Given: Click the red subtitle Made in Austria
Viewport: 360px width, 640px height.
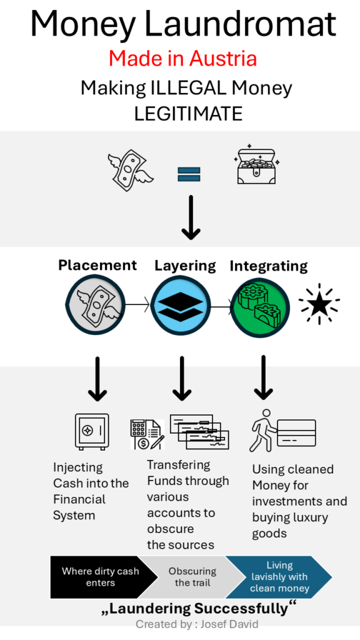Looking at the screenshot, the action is click(182, 58).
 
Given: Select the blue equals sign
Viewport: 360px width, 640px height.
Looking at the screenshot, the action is click(189, 174).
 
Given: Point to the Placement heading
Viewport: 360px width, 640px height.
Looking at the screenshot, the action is click(97, 265).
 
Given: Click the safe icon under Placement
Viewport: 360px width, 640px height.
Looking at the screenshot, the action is click(92, 431).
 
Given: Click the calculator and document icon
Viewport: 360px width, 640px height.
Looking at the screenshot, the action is click(147, 434).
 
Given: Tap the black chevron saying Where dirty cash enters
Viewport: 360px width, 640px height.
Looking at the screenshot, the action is click(104, 577).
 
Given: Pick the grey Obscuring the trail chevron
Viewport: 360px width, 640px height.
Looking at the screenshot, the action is click(192, 577).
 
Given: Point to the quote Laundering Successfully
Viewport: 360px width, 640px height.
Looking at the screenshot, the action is click(198, 608).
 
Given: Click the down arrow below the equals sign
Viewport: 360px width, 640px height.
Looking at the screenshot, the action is click(191, 217).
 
